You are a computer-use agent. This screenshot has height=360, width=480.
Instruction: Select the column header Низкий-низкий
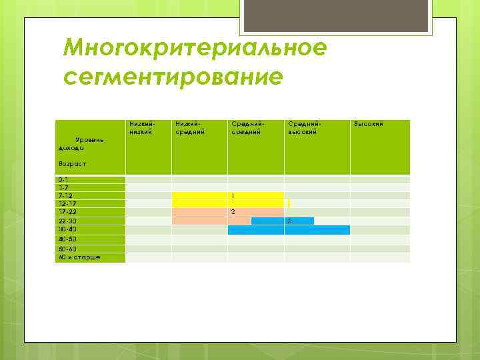click(x=142, y=127)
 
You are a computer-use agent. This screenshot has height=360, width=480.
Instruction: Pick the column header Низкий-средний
click(x=189, y=127)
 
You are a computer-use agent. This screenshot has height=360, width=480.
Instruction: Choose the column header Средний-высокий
click(x=304, y=127)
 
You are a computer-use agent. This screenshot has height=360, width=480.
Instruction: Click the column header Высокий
click(x=368, y=123)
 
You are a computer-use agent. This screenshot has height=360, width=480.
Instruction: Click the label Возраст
click(x=72, y=163)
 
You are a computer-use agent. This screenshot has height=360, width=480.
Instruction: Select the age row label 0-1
click(x=63, y=180)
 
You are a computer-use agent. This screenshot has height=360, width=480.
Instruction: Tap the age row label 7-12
click(x=65, y=196)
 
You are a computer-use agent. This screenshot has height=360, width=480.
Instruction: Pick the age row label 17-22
click(x=67, y=212)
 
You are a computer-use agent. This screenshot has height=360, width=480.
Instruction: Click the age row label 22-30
click(x=67, y=221)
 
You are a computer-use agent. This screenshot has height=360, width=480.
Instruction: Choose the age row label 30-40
click(x=67, y=229)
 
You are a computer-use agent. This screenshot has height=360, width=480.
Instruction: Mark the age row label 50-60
click(x=67, y=249)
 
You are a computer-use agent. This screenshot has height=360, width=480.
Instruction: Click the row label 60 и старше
click(x=79, y=256)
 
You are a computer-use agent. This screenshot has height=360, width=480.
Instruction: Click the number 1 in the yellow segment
click(x=233, y=196)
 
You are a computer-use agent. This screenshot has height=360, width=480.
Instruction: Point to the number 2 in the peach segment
click(x=233, y=212)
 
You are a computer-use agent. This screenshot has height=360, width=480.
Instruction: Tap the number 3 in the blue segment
click(x=289, y=221)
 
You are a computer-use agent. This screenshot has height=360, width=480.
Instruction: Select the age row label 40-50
click(x=67, y=239)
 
